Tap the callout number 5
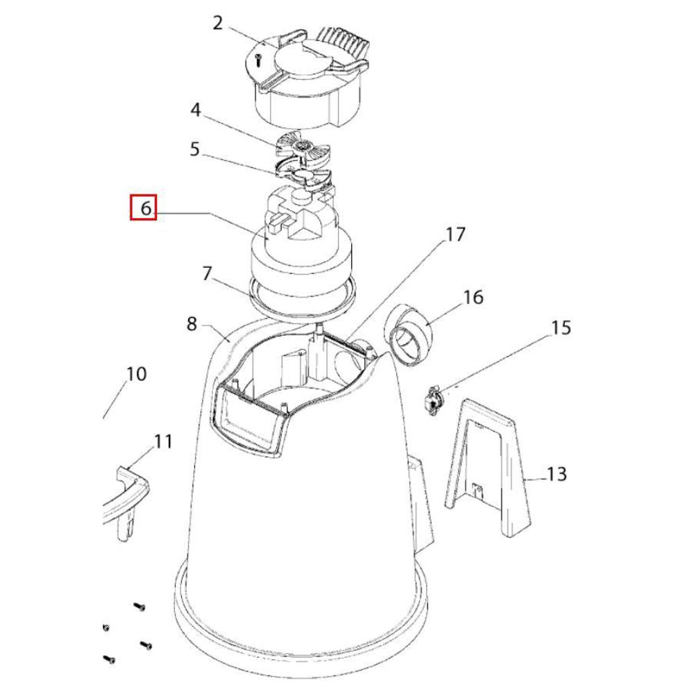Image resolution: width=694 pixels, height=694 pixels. tap(194, 149)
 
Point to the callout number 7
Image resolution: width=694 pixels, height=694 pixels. tap(206, 273)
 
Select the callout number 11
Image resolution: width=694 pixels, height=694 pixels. tap(163, 441)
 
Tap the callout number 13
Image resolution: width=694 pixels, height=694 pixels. tap(557, 474)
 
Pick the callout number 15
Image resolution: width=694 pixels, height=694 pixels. tap(561, 327)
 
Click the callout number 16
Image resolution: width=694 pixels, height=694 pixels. tap(473, 297)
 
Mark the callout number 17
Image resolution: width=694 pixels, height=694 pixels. tap(455, 235)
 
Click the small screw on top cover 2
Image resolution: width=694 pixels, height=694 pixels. tap(257, 60)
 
